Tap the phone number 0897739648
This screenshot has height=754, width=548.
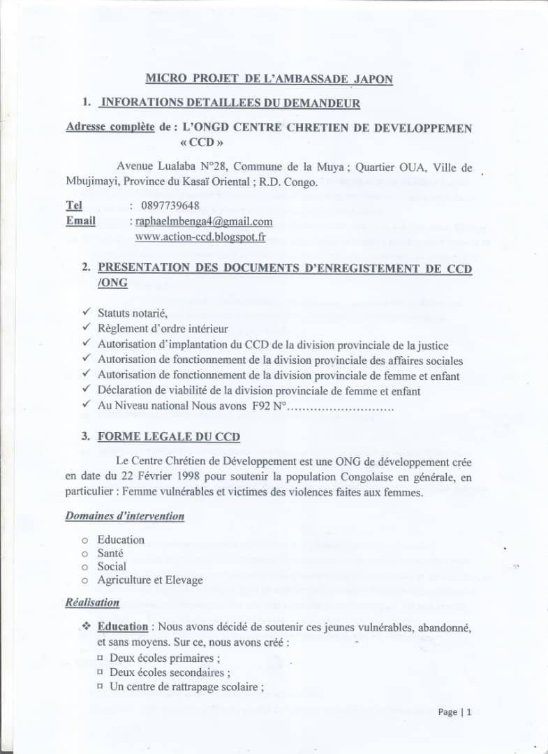[x=168, y=205]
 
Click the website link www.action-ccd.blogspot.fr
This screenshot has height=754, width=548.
[x=200, y=237]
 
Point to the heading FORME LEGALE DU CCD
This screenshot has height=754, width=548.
[x=168, y=437]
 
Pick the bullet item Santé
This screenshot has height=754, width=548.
[x=110, y=553]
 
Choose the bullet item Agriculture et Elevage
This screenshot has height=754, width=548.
[x=150, y=579]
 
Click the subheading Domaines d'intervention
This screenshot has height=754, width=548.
[x=125, y=516]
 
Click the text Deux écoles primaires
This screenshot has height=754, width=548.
[x=162, y=658]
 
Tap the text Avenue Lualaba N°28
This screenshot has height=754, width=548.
[x=172, y=167]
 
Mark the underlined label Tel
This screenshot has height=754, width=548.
[x=73, y=205]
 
